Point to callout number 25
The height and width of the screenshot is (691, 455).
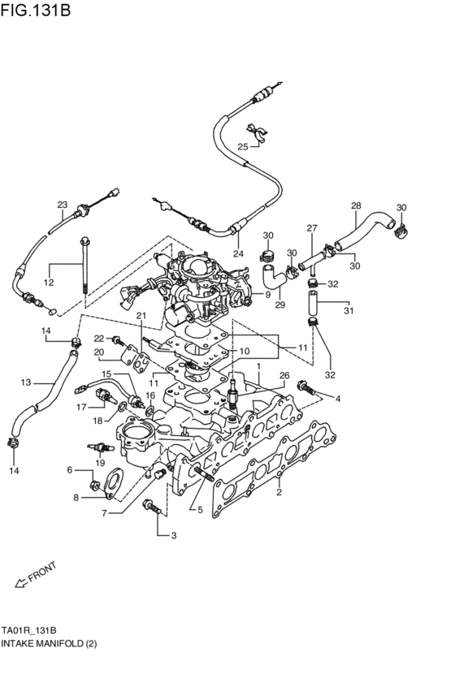pyautogui.click(x=242, y=146)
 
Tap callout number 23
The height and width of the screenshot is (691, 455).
pyautogui.click(x=62, y=205)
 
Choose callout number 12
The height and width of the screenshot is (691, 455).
pyautogui.click(x=49, y=283)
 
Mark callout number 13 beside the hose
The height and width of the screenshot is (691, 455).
pyautogui.click(x=26, y=382)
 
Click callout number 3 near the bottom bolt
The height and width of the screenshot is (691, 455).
pyautogui.click(x=172, y=535)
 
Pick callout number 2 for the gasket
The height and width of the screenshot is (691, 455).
pyautogui.click(x=278, y=492)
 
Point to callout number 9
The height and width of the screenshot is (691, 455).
pyautogui.click(x=267, y=294)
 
